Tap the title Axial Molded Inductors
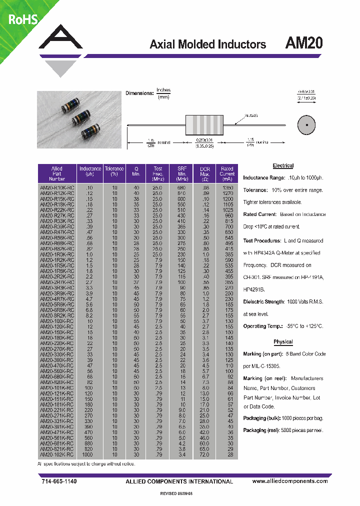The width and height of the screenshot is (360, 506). click(x=207, y=44)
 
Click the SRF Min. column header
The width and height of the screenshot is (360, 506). click(x=181, y=173)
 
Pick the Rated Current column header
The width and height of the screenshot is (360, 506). click(x=227, y=173)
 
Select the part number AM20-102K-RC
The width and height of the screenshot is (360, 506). click(x=57, y=455)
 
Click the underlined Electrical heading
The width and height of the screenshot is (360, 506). click(x=283, y=165)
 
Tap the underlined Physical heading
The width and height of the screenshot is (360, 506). click(x=283, y=342)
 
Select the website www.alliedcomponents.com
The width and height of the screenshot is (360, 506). click(x=290, y=481)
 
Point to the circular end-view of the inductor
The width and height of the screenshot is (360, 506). click(x=305, y=124)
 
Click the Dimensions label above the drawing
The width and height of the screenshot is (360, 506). click(x=139, y=93)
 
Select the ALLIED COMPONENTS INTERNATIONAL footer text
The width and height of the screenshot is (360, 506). click(x=179, y=481)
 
